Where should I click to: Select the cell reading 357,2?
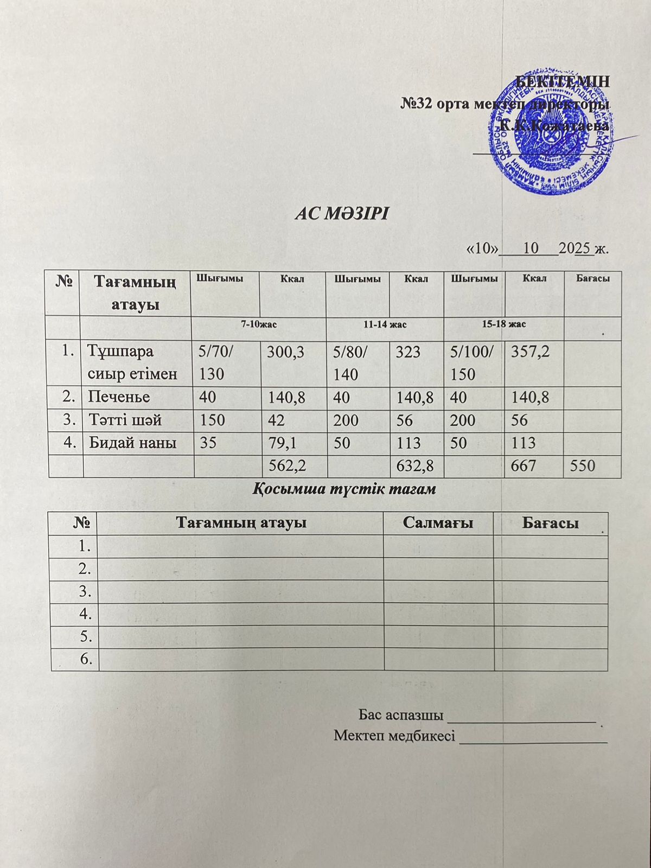531,352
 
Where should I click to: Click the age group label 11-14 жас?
385,324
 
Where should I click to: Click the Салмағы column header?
438,523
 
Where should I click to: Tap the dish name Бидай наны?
132,443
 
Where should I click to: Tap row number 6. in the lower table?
86,659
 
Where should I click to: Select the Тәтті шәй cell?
125,420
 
